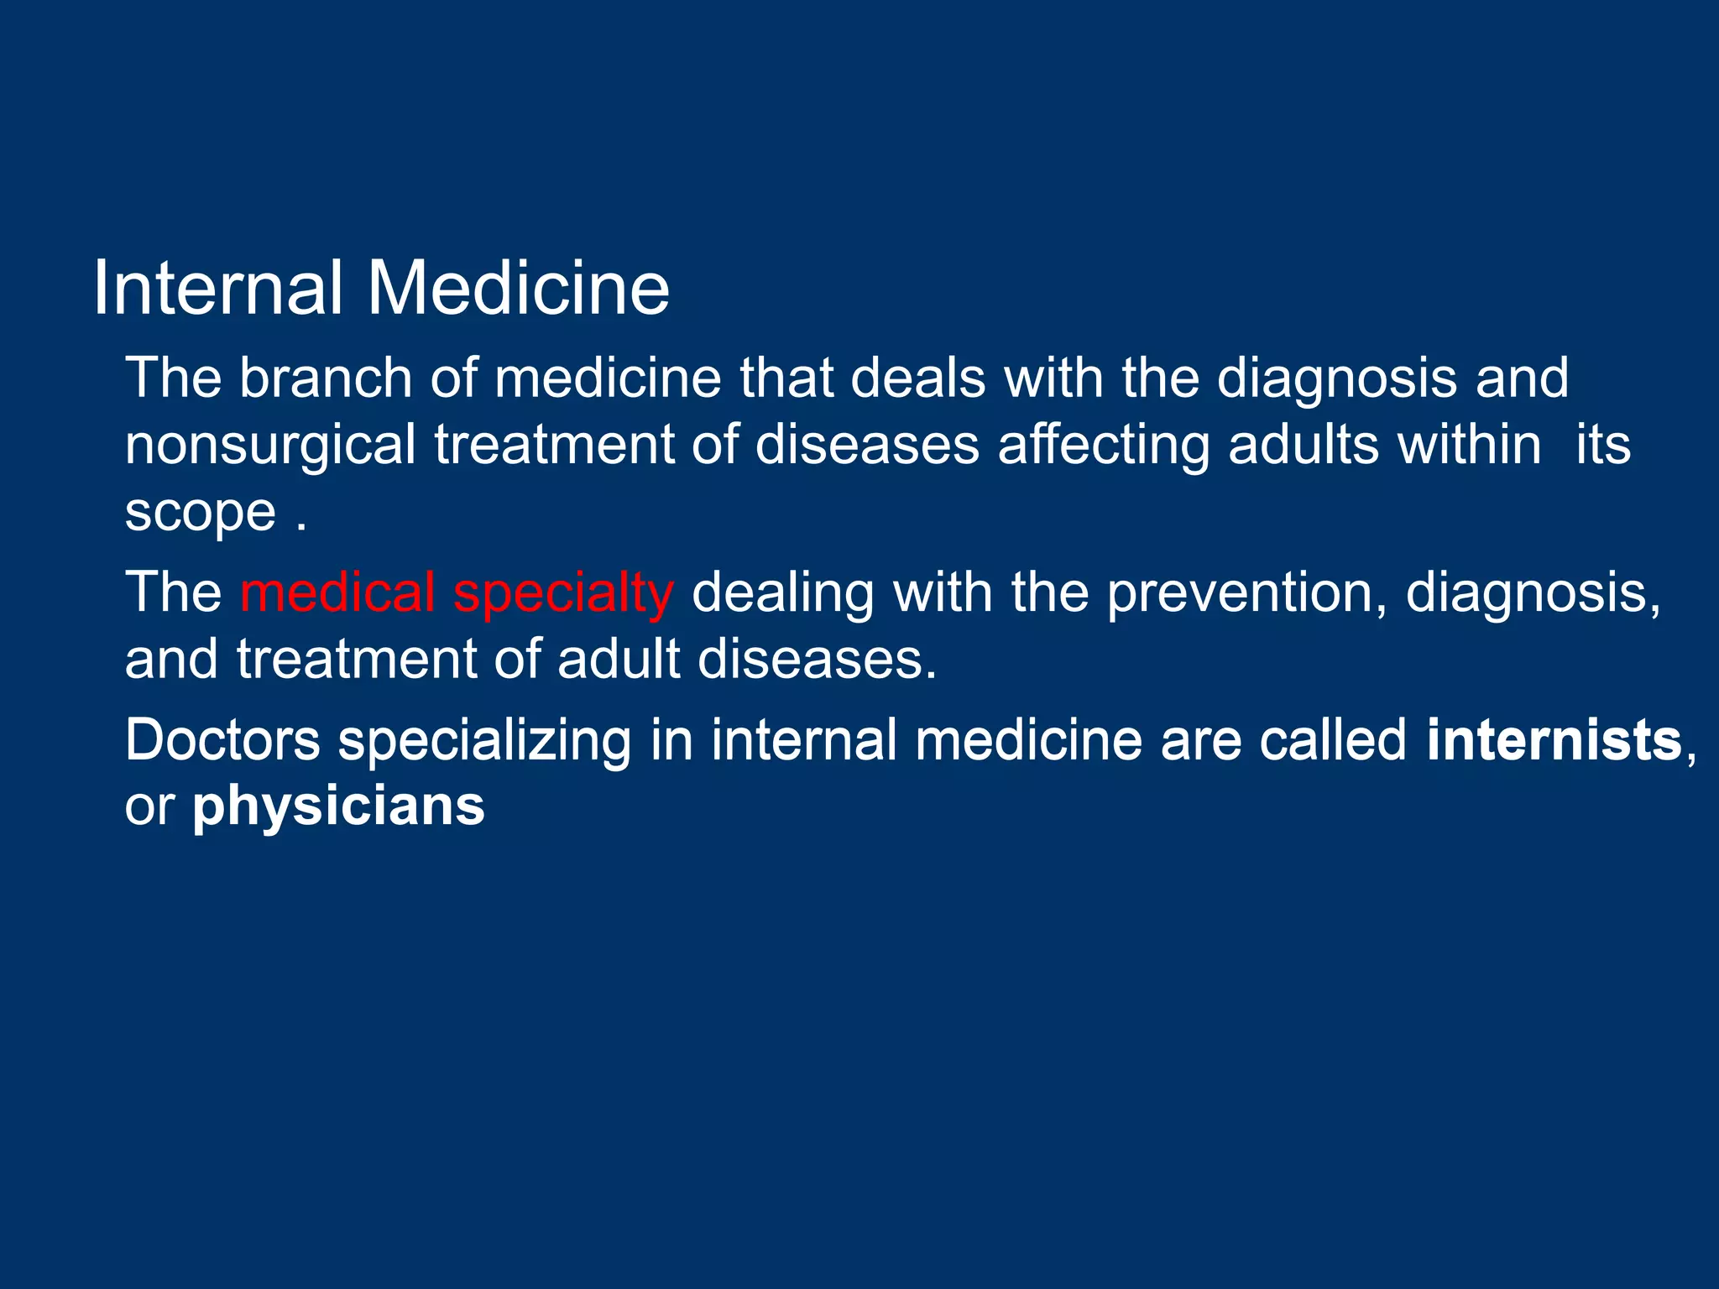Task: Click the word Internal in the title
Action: tap(217, 288)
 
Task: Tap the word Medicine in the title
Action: tap(518, 288)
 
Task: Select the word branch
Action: tap(326, 378)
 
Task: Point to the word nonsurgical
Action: tap(270, 445)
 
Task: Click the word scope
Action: tap(200, 512)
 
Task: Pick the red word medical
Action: tap(337, 592)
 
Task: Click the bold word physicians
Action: tap(338, 807)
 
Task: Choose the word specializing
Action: tap(484, 742)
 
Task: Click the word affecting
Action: tap(1104, 445)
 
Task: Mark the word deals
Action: tap(918, 378)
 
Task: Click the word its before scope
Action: tap(1603, 445)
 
